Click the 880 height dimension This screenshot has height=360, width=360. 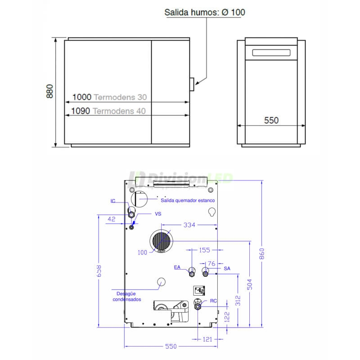click(x=49, y=91)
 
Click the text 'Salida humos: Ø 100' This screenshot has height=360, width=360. click(x=205, y=13)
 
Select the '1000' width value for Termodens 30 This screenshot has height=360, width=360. click(x=82, y=97)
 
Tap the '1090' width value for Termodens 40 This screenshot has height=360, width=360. click(x=81, y=111)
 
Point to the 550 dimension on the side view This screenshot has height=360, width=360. click(x=271, y=120)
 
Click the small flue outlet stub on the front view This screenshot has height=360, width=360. click(x=192, y=85)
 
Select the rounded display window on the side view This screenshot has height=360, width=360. click(x=271, y=53)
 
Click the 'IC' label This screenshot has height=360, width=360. click(x=113, y=201)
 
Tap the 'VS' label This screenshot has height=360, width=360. click(x=158, y=214)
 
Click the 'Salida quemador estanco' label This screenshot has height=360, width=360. click(x=188, y=200)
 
